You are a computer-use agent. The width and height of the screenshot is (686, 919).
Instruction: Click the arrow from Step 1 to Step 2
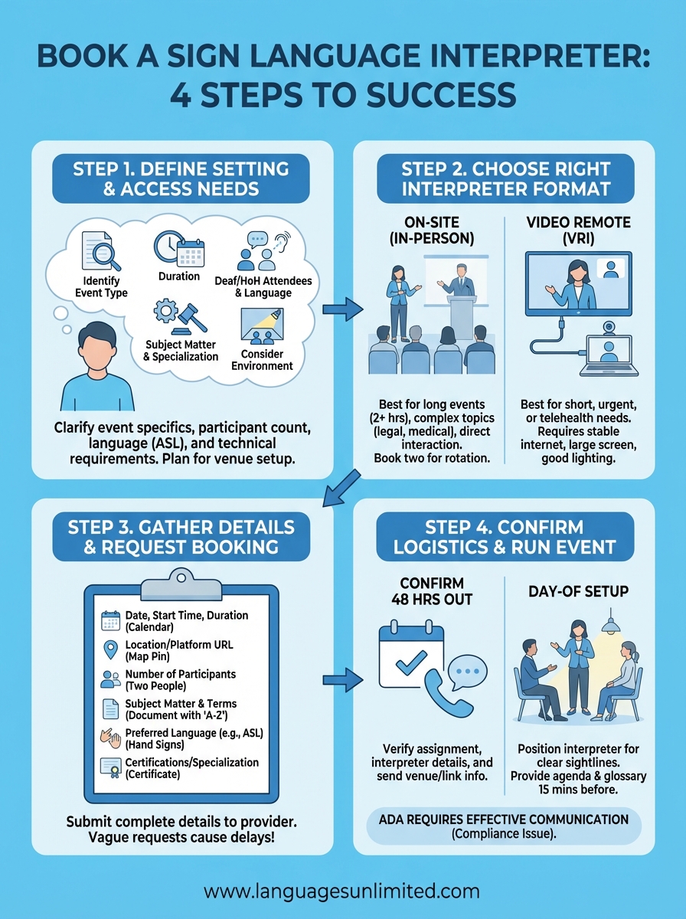tap(342, 309)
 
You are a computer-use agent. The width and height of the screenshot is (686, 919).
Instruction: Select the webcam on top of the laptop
tap(609, 327)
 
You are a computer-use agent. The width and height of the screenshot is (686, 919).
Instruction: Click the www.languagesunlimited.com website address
tap(342, 891)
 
